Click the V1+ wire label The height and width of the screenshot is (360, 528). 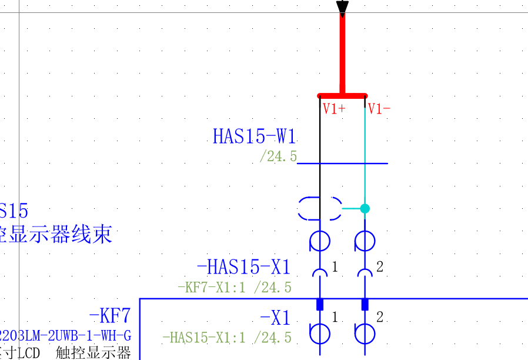[x=333, y=109]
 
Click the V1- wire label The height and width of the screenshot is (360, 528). [x=379, y=109]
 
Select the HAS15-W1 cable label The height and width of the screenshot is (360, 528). [x=254, y=136]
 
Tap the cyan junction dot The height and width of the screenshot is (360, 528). [x=365, y=208]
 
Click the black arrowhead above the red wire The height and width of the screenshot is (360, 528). [x=342, y=6]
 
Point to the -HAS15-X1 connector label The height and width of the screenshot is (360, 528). [x=243, y=268]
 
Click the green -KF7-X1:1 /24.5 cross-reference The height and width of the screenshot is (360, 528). [x=234, y=288]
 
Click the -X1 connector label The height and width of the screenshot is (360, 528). [x=275, y=318]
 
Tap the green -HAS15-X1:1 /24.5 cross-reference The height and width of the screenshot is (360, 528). [x=226, y=338]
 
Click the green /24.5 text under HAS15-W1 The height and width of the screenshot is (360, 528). [x=278, y=157]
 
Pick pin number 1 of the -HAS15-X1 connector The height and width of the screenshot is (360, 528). [x=335, y=267]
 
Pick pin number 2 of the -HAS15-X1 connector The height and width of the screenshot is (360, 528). [x=380, y=267]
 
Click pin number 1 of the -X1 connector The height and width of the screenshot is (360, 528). [x=335, y=318]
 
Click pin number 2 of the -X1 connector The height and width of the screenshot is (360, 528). [x=380, y=318]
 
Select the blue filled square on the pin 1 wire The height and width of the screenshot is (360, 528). [x=320, y=304]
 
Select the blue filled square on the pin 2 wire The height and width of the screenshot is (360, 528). [x=365, y=304]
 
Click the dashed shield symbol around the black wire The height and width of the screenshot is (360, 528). [x=320, y=208]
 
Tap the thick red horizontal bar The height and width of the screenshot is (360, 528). [x=342, y=95]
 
